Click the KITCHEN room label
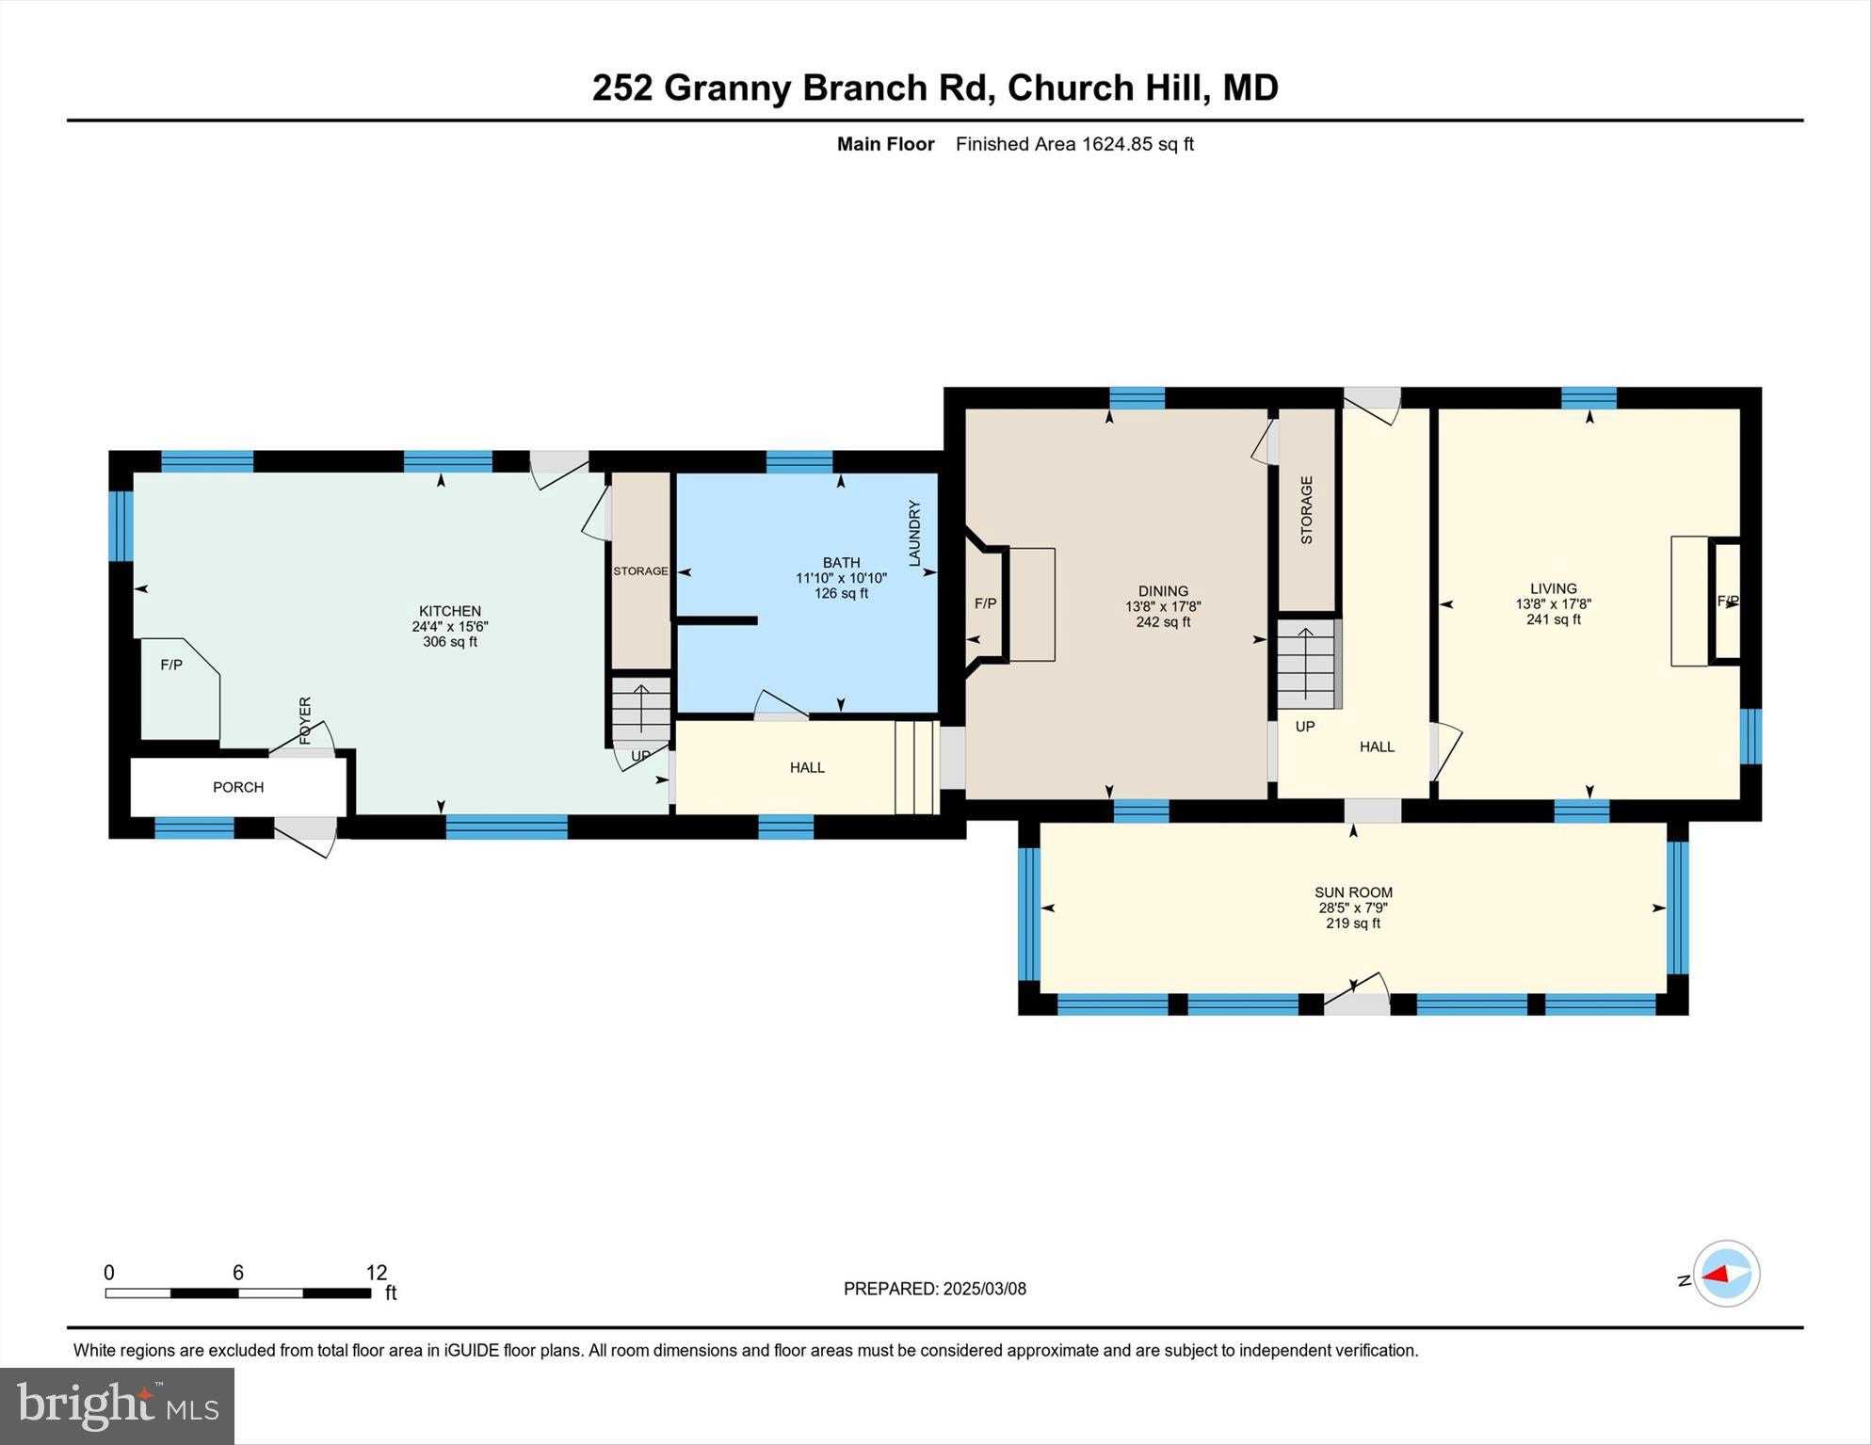(x=449, y=611)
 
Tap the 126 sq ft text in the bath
(x=841, y=594)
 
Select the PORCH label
(x=238, y=787)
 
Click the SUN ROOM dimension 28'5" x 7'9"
(x=1353, y=908)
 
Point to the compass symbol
(x=1726, y=1274)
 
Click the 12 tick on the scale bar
(x=376, y=1274)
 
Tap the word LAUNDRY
(x=914, y=533)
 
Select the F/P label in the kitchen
(x=171, y=665)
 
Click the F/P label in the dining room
(x=985, y=603)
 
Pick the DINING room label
(x=1163, y=591)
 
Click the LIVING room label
(x=1553, y=588)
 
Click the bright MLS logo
(x=117, y=1405)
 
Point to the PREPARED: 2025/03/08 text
(x=934, y=1289)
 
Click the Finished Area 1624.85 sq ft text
(x=1074, y=144)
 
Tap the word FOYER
(x=305, y=720)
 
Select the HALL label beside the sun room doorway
(x=1377, y=747)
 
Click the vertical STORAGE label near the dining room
(x=1307, y=510)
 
